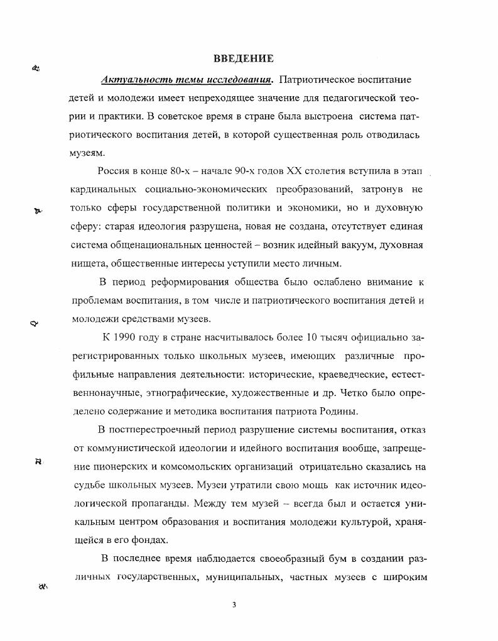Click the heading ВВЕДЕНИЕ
243,59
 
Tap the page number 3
234,605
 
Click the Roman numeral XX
295,171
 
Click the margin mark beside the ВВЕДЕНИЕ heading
36,69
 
